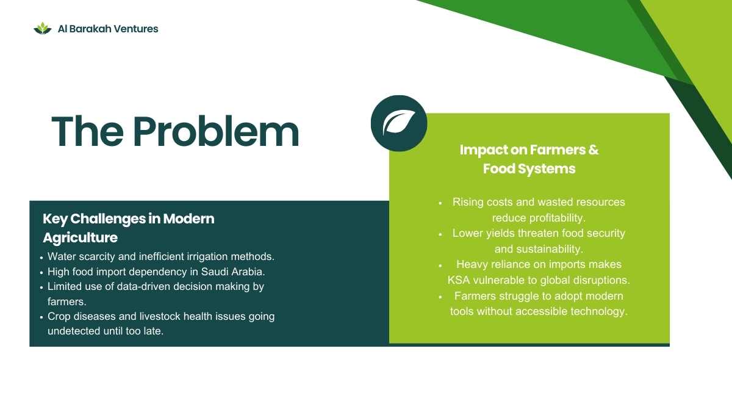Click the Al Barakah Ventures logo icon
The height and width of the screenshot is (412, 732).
tap(43, 29)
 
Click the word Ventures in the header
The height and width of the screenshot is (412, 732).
tap(136, 29)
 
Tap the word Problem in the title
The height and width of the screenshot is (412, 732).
tap(216, 131)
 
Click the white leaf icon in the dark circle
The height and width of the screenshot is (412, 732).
tap(399, 123)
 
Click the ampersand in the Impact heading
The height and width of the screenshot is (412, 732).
tap(594, 150)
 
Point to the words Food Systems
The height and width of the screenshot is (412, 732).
tap(529, 168)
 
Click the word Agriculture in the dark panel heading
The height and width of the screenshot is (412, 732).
tap(80, 237)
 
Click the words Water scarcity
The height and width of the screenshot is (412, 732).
tap(81, 257)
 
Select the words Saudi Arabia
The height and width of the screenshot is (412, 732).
tap(232, 272)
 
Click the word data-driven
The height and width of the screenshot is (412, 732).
tap(143, 286)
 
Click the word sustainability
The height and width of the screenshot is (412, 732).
tap(548, 249)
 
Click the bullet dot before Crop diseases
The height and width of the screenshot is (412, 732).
tap(41, 317)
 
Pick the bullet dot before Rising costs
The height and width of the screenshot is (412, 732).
tap(440, 203)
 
